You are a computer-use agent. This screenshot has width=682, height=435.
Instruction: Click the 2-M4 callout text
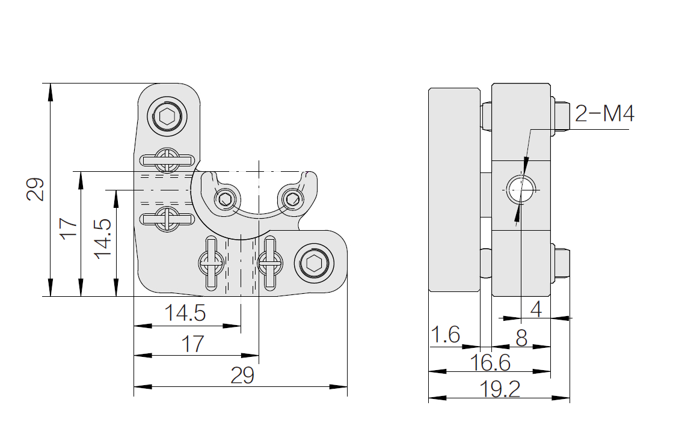pos(604,114)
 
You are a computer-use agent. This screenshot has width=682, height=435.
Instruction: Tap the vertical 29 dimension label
pos(35,189)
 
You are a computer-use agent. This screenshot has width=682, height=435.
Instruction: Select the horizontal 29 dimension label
pos(242,375)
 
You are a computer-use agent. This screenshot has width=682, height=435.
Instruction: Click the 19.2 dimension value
pos(500,389)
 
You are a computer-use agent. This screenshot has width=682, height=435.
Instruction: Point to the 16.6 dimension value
pos(490,362)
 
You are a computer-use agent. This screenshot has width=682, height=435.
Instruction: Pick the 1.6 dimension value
pos(445,335)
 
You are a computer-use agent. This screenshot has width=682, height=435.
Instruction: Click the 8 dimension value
pos(521,338)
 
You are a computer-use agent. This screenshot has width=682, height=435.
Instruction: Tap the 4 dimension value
pos(536,309)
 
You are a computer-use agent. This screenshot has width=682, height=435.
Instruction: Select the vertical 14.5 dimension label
pos(103,239)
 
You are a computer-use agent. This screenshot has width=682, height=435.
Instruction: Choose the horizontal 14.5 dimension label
pos(185,313)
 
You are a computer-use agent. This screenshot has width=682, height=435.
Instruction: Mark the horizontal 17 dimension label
pos(192,344)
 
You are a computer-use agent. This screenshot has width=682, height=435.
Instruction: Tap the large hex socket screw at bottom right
pos(314,263)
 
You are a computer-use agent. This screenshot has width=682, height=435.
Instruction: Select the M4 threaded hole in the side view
pos(521,190)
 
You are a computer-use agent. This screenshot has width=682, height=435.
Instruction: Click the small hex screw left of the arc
pos(225,200)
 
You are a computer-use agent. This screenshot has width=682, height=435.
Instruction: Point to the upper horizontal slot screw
pos(167,160)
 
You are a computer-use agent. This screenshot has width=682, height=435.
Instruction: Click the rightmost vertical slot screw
pos(270,263)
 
